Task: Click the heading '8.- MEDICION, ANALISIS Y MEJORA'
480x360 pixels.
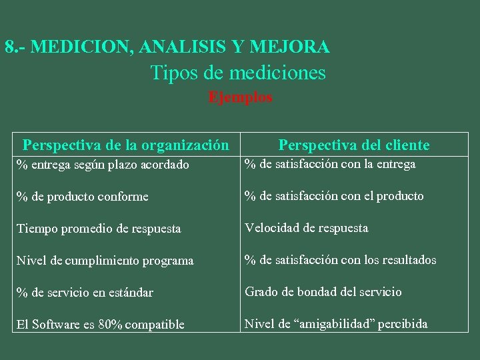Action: [167, 47]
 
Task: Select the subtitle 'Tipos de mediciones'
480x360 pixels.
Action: [238, 72]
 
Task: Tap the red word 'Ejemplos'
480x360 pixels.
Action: [240, 97]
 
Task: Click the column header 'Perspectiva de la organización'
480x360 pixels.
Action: [125, 145]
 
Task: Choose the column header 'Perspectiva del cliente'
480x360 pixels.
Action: [354, 145]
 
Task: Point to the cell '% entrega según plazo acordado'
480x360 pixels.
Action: [103, 165]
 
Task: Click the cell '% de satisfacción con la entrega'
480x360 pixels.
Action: [330, 164]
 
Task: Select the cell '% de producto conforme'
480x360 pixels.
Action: [83, 197]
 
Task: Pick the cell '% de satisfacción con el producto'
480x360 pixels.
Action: [334, 196]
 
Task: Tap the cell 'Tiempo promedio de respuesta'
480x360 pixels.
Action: [99, 229]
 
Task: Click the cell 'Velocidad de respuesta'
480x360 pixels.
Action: [306, 228]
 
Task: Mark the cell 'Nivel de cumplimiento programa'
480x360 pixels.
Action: [105, 261]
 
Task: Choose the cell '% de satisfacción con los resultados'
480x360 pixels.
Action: [341, 260]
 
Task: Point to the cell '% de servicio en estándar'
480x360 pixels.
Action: [85, 293]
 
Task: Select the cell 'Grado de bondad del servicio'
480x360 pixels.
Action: [323, 292]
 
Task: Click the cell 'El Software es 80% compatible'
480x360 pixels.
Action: [101, 325]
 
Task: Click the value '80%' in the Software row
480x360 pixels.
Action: [110, 325]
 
